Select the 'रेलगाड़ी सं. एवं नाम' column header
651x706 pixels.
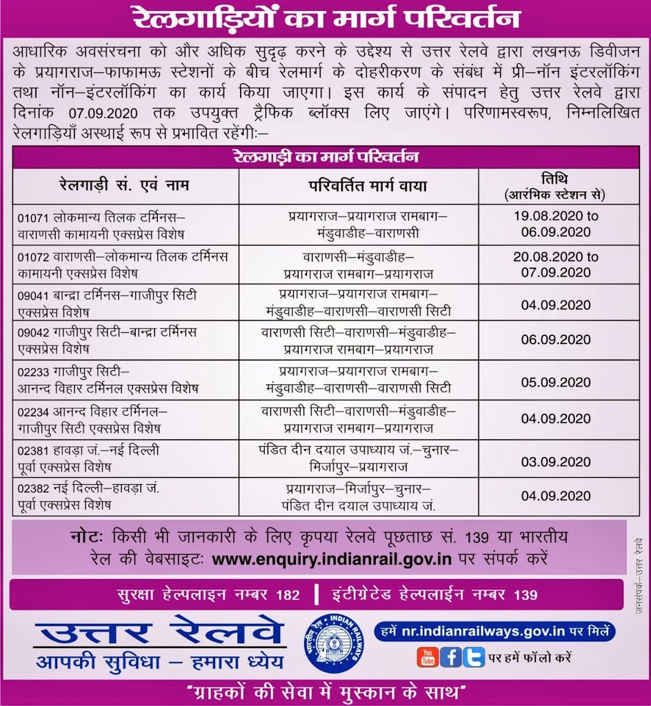(124, 185)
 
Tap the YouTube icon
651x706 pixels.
(427, 658)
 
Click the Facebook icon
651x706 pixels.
(450, 658)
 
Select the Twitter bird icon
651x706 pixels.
(474, 658)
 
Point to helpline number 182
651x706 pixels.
(289, 594)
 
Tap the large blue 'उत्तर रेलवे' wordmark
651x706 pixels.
(159, 630)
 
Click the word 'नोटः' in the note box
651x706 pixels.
(86, 537)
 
